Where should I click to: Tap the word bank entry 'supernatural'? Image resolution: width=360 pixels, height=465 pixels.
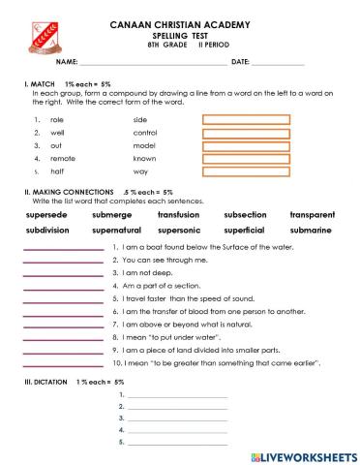(116, 232)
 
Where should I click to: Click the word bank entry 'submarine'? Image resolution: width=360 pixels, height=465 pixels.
(311, 232)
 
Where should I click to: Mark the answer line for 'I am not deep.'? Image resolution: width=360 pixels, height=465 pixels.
(61, 276)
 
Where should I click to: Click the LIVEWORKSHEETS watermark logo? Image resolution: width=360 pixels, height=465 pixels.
(303, 455)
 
